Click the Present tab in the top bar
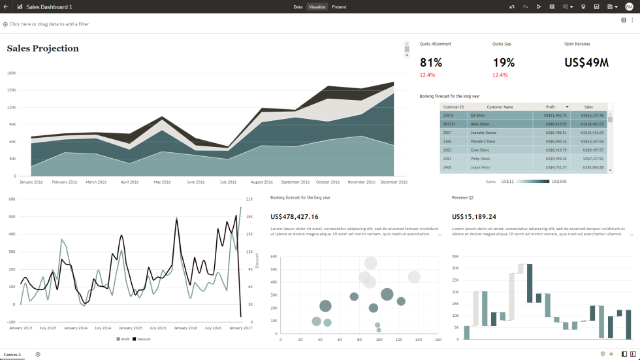[x=339, y=7]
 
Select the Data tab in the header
[x=298, y=7]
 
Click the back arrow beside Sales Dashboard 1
[x=5, y=7]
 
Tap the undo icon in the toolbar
[x=513, y=7]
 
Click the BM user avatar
[x=629, y=7]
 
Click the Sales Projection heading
[x=43, y=48]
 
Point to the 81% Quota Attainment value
[x=431, y=63]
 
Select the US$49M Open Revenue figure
[x=586, y=63]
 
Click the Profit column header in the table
[x=551, y=106]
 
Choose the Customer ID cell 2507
[x=448, y=132]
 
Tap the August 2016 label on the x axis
[x=261, y=182]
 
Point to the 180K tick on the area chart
[x=11, y=73]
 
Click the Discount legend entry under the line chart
[x=143, y=339]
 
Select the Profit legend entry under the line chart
[x=124, y=339]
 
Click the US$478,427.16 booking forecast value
[x=295, y=217]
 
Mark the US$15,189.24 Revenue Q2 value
[x=474, y=217]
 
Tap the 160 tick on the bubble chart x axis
[x=438, y=340]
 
